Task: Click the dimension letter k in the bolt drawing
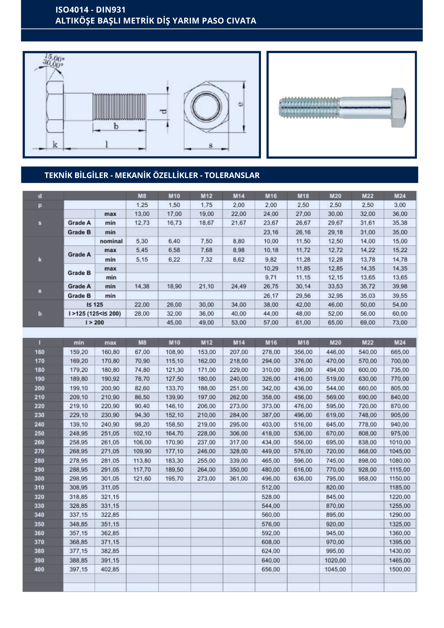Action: point(55,144)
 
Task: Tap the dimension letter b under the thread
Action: point(116,126)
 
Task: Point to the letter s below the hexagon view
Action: point(211,145)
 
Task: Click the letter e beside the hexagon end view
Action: point(241,104)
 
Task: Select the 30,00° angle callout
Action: point(53,64)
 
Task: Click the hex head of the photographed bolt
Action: point(398,108)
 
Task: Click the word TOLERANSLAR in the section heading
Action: point(232,175)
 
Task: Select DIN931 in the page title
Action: point(111,10)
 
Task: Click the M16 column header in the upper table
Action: point(271,196)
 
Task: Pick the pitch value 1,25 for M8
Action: point(142,205)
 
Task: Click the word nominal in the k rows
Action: point(111,241)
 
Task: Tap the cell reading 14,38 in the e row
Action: point(142,286)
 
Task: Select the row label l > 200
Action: point(95,322)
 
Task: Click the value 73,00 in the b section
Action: point(400,322)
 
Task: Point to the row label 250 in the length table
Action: point(40,433)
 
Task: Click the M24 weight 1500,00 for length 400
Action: point(399,569)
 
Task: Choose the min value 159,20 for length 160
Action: point(79,352)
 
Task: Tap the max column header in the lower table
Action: point(110,343)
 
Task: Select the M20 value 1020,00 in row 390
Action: point(335,560)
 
